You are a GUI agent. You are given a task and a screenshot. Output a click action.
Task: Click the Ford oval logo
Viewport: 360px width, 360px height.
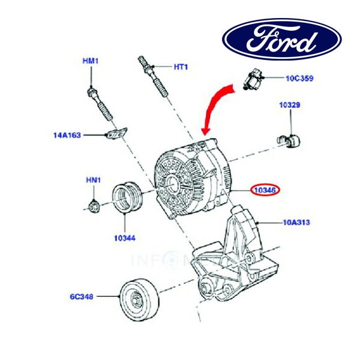[283, 39]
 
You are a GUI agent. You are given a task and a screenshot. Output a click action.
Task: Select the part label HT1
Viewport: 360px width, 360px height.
[181, 67]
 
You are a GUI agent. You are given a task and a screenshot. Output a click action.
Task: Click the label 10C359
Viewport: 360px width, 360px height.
[299, 78]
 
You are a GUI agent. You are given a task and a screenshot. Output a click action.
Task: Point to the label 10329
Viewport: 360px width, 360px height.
[289, 105]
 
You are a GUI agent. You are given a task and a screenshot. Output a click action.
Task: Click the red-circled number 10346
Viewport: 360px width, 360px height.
[265, 191]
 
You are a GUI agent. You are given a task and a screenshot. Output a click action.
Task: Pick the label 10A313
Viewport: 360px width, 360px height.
[296, 222]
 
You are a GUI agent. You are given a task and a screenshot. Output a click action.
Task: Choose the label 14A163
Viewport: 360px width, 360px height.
[67, 135]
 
